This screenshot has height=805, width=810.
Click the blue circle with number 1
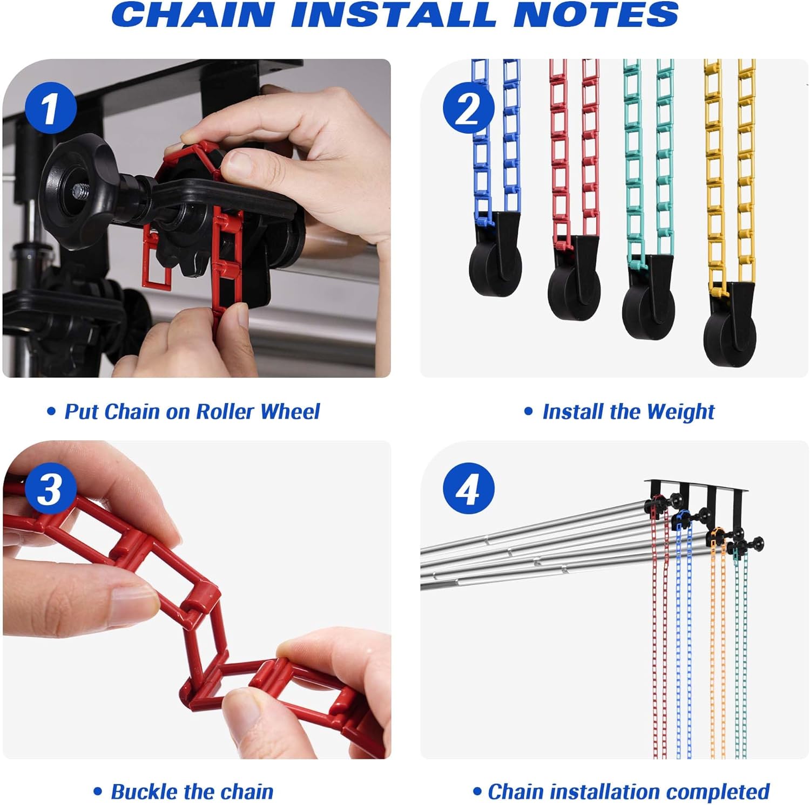click(x=50, y=108)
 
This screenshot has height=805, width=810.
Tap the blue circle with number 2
click(x=468, y=108)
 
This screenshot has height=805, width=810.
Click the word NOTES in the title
click(x=596, y=15)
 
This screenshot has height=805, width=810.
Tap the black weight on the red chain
click(x=574, y=278)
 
